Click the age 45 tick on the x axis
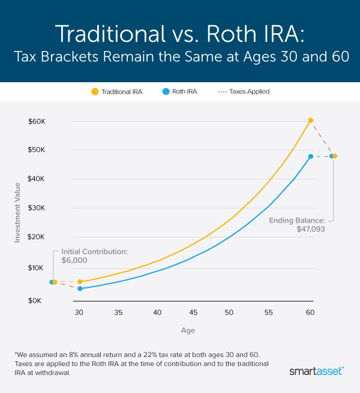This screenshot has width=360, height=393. point(193,313)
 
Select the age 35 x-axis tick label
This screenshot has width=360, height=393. point(118,313)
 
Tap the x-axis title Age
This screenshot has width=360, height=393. point(188,331)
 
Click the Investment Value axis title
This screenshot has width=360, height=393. point(18,204)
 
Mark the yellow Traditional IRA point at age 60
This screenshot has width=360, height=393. point(310,121)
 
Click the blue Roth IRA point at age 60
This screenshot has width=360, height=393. point(310,157)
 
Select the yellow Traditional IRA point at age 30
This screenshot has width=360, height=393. point(80,281)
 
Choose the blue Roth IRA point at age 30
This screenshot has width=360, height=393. point(80,289)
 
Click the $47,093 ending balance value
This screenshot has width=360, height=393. point(311,229)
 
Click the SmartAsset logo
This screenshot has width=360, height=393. point(315,372)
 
